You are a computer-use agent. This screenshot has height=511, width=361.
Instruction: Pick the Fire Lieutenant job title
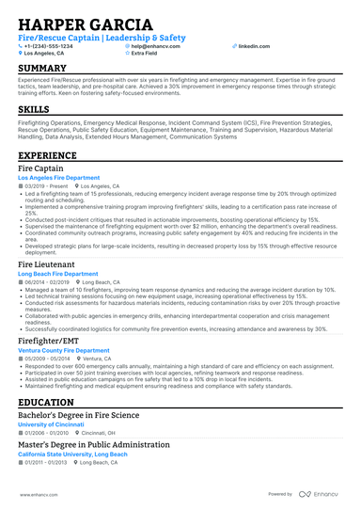click(46, 266)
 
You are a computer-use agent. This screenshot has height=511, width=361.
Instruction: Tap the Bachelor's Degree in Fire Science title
click(78, 415)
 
